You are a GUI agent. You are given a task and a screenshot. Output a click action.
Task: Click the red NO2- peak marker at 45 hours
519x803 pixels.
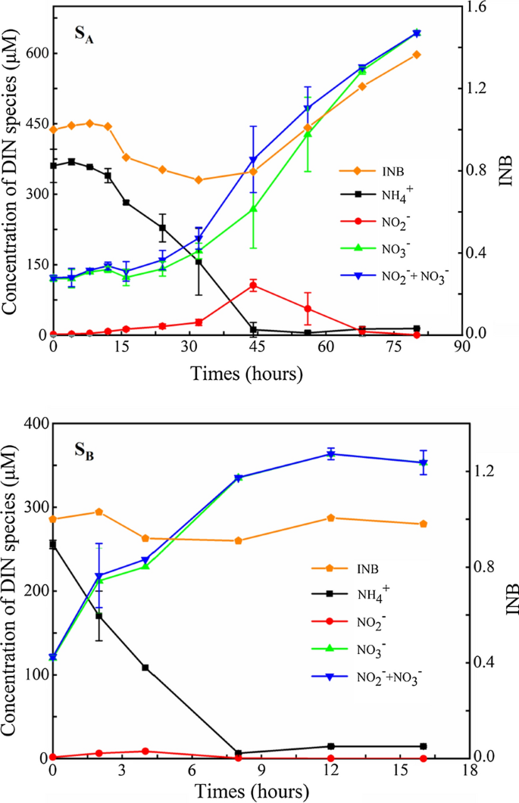[x=253, y=285]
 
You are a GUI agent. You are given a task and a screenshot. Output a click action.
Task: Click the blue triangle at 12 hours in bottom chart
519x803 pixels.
[x=330, y=454]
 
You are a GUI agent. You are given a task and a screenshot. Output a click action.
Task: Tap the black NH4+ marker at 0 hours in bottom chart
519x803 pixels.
[x=52, y=544]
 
